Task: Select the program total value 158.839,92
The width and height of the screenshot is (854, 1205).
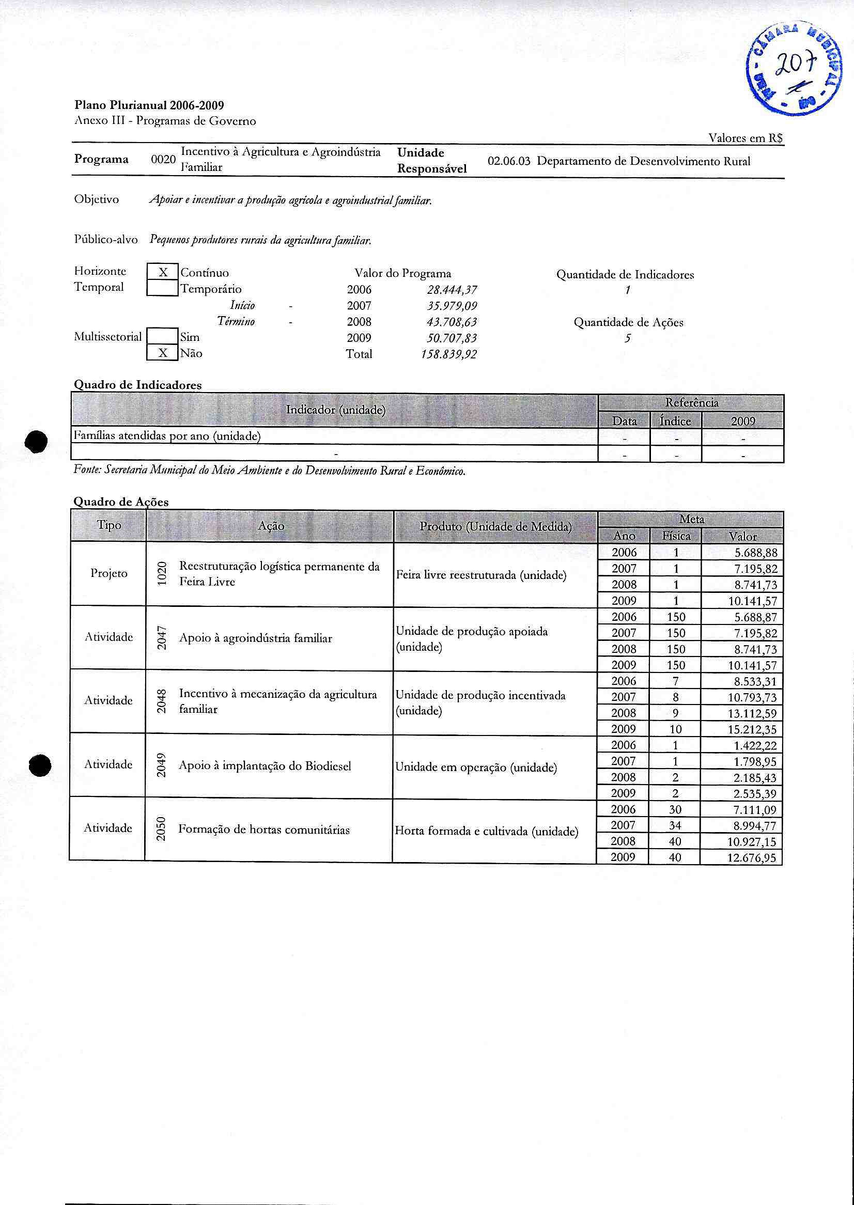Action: point(448,354)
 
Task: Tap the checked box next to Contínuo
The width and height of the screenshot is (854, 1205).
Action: point(163,272)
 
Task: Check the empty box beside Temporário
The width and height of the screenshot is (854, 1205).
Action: point(163,288)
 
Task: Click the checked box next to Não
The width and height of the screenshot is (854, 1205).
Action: point(163,353)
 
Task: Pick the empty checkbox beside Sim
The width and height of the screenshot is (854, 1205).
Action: point(163,336)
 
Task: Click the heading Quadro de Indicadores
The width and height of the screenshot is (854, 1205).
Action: point(137,385)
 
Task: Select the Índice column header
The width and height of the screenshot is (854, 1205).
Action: point(675,421)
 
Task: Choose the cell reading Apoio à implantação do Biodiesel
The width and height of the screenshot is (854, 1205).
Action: point(265,766)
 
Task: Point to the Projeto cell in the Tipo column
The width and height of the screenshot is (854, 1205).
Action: point(109,573)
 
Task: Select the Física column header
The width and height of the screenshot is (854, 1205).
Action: point(676,536)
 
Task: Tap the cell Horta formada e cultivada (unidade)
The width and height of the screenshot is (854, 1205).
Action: point(487,831)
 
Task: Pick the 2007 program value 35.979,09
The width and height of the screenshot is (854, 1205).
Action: point(448,306)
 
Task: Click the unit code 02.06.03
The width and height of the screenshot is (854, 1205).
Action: point(508,161)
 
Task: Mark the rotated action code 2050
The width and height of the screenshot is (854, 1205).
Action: point(161,828)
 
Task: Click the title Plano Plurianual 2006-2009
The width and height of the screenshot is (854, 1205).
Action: point(149,105)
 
